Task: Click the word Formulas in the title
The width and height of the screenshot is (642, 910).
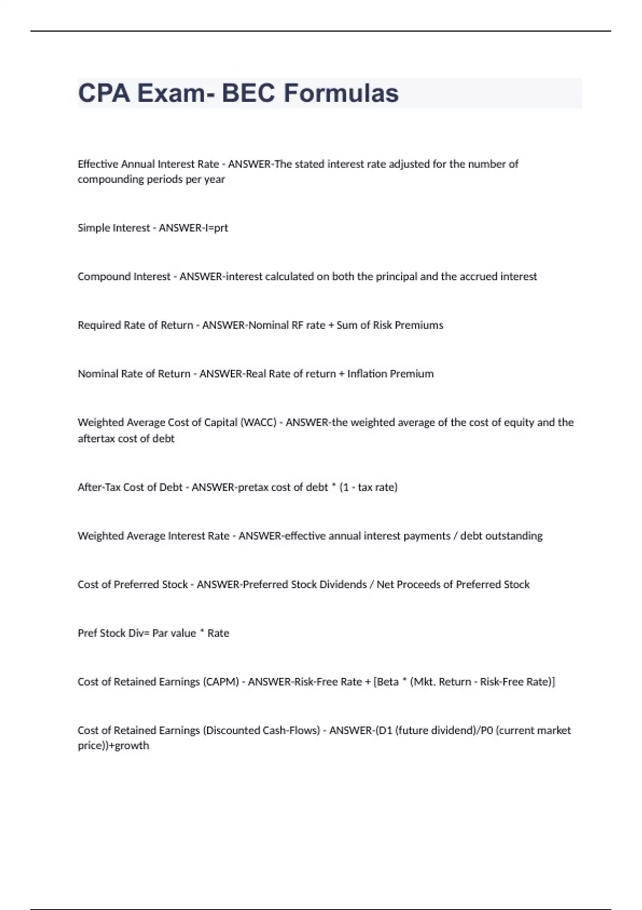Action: pyautogui.click(x=341, y=93)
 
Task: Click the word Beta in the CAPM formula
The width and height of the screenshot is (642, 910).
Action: pyautogui.click(x=388, y=682)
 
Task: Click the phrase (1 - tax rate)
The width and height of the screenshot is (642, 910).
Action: pyautogui.click(x=369, y=488)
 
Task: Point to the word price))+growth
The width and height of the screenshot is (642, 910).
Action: pyautogui.click(x=113, y=746)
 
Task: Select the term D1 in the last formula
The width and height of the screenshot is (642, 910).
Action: pyautogui.click(x=385, y=731)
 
